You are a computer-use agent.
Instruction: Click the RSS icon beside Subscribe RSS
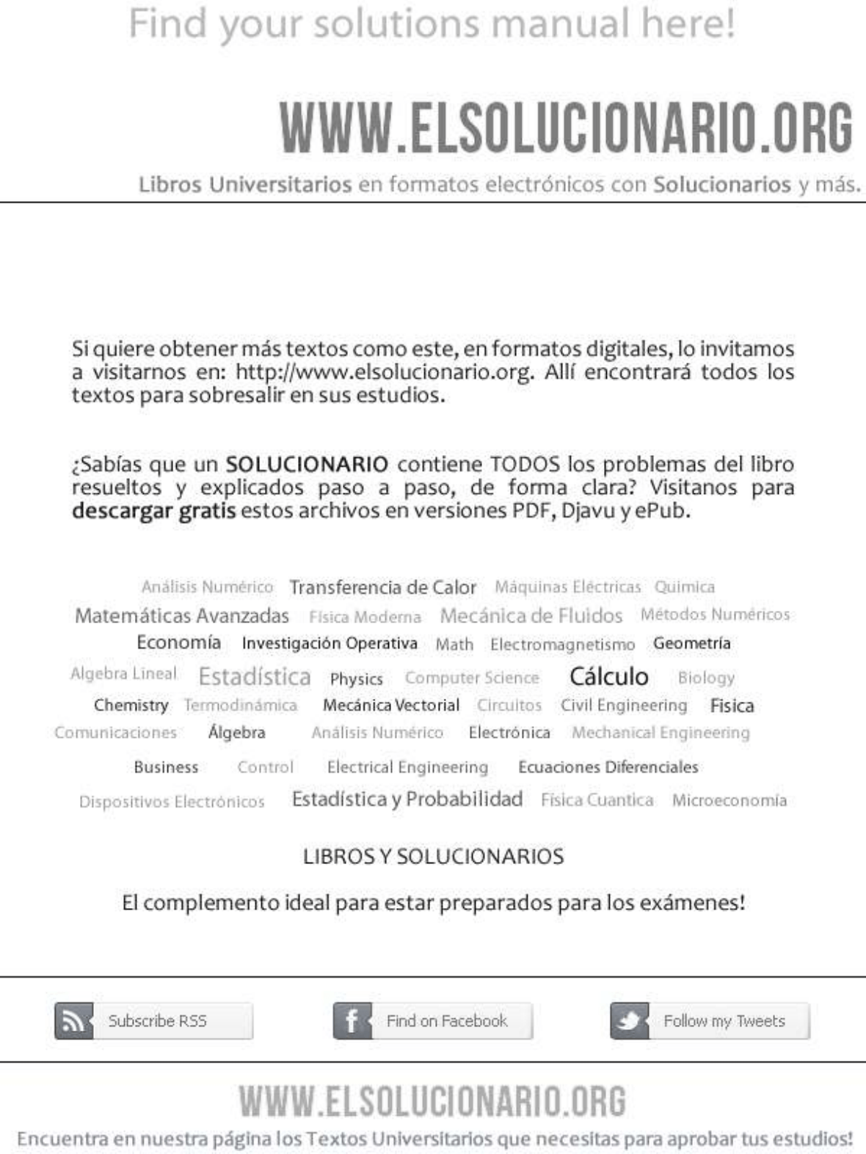point(73,1021)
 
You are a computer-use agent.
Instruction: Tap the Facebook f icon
point(352,1021)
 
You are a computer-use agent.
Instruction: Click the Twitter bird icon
point(630,1021)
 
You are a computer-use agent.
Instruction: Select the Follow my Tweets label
point(724,1021)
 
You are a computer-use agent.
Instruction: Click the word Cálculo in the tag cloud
point(608,676)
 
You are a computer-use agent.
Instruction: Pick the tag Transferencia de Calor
point(382,587)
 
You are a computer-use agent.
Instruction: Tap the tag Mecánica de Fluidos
point(531,615)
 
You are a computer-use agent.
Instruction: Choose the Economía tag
point(178,642)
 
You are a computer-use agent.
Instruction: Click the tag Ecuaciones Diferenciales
point(608,767)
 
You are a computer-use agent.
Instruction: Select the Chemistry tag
point(131,705)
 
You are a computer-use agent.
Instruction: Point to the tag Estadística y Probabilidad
point(407,799)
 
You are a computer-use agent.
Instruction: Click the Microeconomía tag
point(729,800)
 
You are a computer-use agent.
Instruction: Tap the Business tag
point(166,767)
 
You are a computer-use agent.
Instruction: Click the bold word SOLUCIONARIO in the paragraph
point(307,464)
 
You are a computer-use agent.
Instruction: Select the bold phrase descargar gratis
point(153,510)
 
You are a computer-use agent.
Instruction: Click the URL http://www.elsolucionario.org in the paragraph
point(383,372)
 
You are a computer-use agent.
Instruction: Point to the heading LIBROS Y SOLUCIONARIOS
point(433,857)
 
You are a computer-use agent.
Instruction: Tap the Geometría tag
point(691,643)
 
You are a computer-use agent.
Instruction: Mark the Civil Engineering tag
point(624,705)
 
